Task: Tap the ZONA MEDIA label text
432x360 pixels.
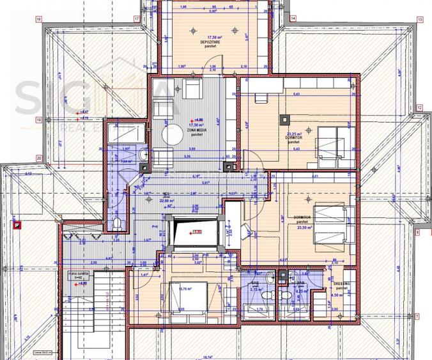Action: [196, 130]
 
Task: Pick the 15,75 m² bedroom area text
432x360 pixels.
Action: [186, 289]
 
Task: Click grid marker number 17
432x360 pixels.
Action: [137, 19]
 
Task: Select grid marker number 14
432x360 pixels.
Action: [293, 19]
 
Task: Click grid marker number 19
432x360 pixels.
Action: [39, 120]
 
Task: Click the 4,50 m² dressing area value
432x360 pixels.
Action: [339, 295]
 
